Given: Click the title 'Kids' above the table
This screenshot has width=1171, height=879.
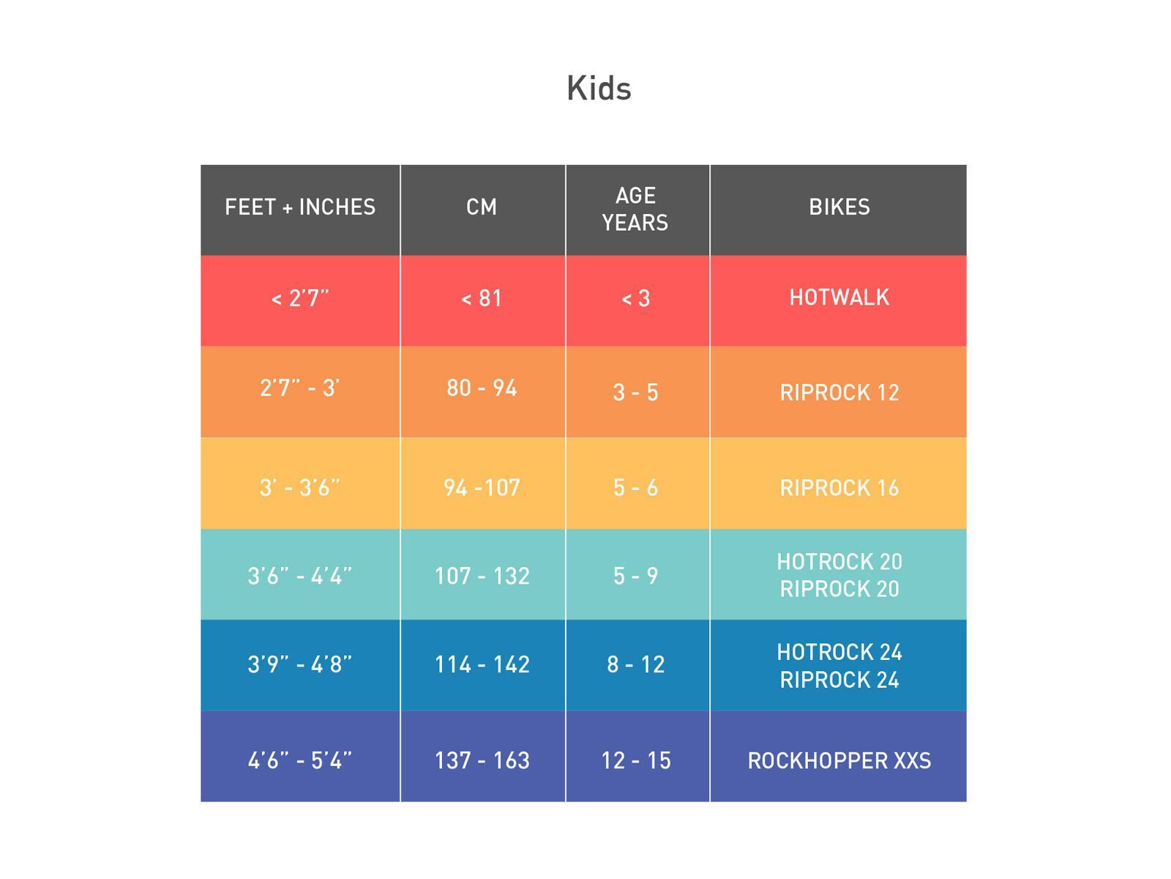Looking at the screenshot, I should [599, 89].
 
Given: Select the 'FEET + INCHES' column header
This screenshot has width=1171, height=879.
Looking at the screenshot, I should [300, 207].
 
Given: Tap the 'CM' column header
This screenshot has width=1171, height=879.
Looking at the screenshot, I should [482, 207].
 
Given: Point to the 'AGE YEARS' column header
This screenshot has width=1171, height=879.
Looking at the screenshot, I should [635, 209].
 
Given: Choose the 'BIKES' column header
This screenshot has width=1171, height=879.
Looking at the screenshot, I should [839, 207].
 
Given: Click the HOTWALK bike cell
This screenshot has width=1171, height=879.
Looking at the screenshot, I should [839, 297].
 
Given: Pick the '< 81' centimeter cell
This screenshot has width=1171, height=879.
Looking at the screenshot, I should [482, 299].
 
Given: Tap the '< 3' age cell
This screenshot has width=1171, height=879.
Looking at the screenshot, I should [635, 299].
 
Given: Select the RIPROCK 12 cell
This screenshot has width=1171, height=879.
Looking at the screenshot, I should [839, 393].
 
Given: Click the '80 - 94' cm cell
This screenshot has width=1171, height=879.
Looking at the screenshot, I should [482, 388].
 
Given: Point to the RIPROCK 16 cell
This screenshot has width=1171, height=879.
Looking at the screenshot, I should [839, 488].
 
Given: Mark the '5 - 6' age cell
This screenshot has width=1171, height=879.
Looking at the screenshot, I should [635, 488].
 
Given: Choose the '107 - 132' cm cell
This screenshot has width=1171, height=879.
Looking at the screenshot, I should [482, 576].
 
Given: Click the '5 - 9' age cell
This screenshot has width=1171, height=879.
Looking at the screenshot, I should [635, 576].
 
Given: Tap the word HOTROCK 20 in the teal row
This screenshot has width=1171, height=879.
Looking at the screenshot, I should [839, 562].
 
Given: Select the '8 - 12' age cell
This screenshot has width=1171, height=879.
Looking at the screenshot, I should [635, 665].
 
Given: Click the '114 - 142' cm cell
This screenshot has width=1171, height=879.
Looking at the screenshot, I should [482, 665].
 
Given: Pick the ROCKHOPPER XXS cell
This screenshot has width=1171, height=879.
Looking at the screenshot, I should [839, 761].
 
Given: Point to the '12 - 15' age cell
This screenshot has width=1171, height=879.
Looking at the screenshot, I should [635, 761].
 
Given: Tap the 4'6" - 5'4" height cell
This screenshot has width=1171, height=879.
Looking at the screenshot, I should [300, 761].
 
